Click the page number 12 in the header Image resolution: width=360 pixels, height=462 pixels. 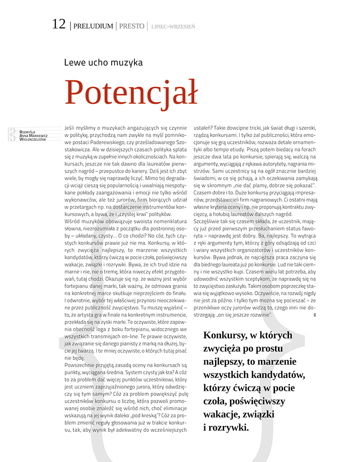59,24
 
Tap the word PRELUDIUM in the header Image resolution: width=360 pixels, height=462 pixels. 93,26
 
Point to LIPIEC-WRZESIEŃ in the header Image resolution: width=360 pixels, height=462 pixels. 173,27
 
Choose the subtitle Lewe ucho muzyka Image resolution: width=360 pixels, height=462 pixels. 103,63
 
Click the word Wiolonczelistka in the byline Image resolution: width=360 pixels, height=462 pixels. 33,139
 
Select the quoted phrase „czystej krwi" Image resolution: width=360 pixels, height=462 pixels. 137,214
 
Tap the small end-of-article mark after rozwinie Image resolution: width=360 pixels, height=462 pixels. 315,315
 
